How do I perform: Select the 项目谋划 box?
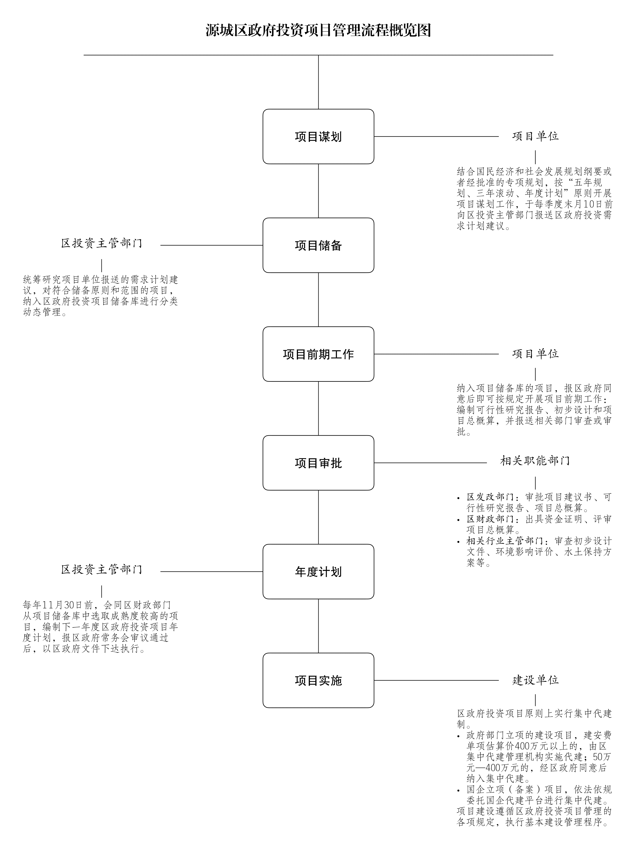coord(318,136)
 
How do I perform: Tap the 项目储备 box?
coord(318,245)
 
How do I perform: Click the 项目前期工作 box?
coord(318,354)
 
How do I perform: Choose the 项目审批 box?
coord(318,463)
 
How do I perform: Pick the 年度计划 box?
coord(318,571)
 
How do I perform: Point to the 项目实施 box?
coord(318,680)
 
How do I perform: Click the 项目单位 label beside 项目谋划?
coord(535,136)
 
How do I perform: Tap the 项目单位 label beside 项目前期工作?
coord(535,354)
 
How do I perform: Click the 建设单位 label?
coord(535,680)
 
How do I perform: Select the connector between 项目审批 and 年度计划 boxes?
coord(318,517)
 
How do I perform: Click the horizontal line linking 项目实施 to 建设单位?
coord(436,680)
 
